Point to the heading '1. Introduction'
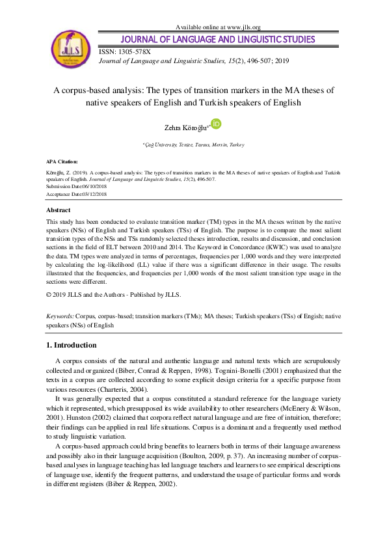tap(72, 345)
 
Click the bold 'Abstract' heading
tap(58, 210)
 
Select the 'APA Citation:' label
tap(61, 161)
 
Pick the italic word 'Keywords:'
tap(60, 315)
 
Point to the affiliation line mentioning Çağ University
tap(193, 144)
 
